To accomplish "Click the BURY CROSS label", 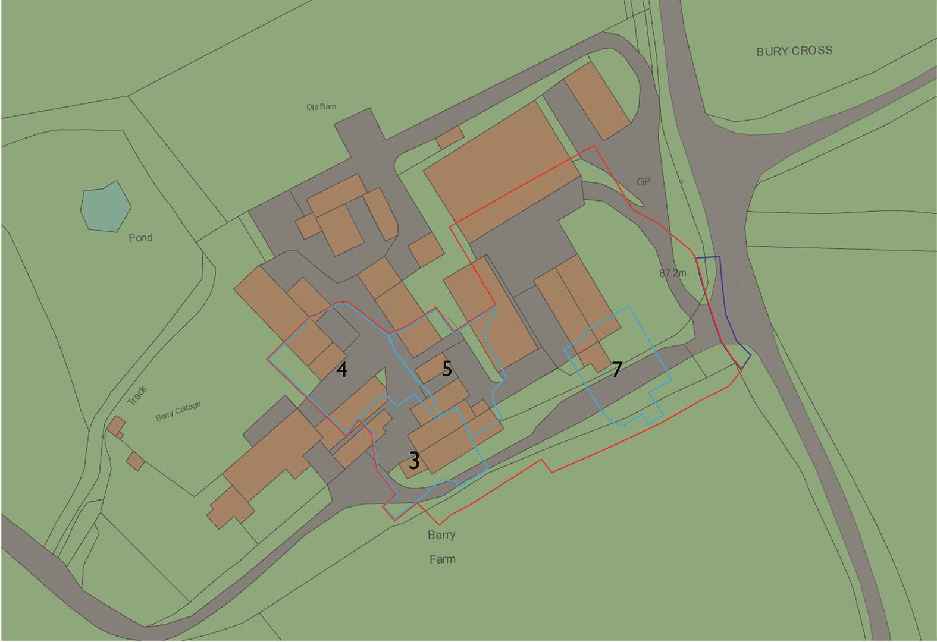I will point(794,51).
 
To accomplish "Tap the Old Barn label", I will point(321,107).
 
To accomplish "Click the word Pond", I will point(140,238).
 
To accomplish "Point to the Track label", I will point(137,395).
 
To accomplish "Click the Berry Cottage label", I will point(178,411).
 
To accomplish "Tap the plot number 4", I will point(341,370).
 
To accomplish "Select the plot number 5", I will point(447,369).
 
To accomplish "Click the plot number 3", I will point(413,461).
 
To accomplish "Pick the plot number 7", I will point(617,370).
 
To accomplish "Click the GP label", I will point(643,182).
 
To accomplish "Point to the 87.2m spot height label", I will point(672,273).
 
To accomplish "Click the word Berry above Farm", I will point(441,535).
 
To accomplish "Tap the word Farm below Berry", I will point(442,559).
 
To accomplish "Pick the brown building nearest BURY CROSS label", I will point(597,101).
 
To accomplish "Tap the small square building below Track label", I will point(135,461).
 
